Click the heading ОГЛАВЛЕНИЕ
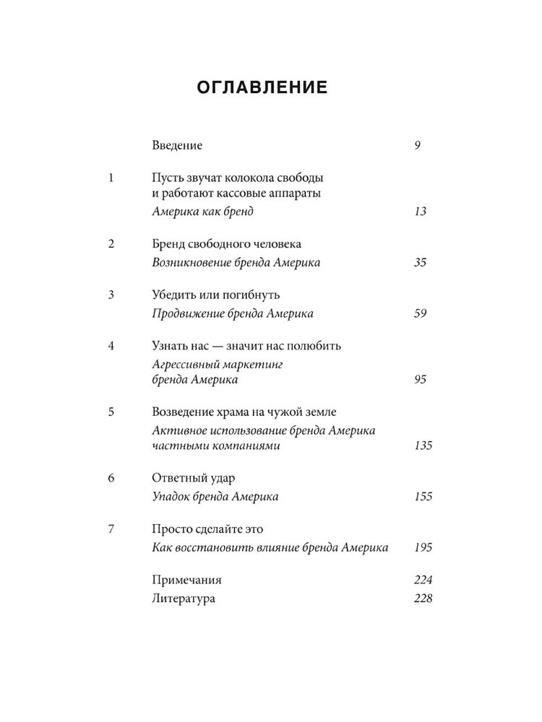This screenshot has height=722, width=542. coord(263,88)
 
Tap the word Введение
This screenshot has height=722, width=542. coord(177,145)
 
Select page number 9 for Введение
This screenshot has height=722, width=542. coord(418,145)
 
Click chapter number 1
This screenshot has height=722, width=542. coord(111,178)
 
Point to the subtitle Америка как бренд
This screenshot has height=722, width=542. coord(204,212)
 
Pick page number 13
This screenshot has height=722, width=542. coord(421,212)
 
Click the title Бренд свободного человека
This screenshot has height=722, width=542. coord(227,244)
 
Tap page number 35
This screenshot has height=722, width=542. coord(421,263)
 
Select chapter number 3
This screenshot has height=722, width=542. coord(111,295)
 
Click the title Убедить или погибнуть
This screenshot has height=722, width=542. coord(216,295)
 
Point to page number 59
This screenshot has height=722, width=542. coord(421,313)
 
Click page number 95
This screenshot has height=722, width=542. coord(421,380)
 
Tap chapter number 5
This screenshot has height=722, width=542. coord(111,412)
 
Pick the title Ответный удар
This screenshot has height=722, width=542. coord(194,478)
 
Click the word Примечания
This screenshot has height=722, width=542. coord(187,580)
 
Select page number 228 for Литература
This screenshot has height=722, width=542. coord(423,598)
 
